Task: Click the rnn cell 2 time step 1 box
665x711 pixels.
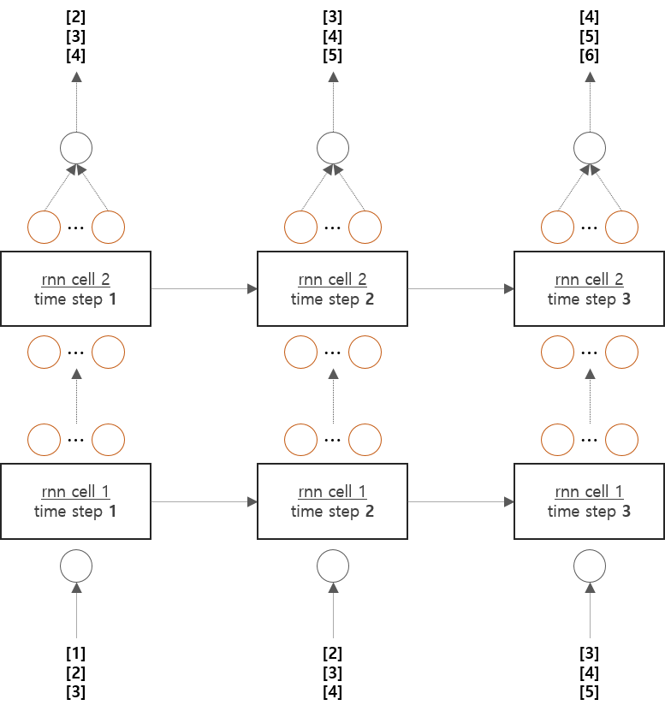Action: tap(75, 289)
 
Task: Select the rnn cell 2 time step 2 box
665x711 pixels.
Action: tap(332, 289)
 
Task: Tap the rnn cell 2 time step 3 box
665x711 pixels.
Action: tap(589, 289)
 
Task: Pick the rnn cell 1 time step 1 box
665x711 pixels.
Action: tap(75, 501)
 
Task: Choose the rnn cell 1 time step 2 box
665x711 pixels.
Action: tap(332, 501)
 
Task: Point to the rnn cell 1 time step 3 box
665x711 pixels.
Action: tap(589, 501)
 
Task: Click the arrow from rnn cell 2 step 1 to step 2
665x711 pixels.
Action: tap(204, 289)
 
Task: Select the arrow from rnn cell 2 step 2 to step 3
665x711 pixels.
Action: tap(460, 289)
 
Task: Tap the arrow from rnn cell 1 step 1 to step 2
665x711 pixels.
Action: tap(204, 501)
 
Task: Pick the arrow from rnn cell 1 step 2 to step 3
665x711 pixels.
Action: tap(460, 501)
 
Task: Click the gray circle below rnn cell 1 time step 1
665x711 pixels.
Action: tap(76, 565)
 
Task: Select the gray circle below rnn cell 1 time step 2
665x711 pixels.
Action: tap(333, 565)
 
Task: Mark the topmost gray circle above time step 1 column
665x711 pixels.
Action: tap(76, 148)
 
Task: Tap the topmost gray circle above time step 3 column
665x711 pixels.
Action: tap(590, 148)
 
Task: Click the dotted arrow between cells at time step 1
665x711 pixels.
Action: tap(77, 396)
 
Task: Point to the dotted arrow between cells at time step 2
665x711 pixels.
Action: tap(334, 396)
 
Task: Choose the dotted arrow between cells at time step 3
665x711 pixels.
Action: tap(591, 396)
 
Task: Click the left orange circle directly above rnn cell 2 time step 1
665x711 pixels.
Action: tap(45, 228)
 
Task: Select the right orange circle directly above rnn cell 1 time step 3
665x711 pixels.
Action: tap(622, 441)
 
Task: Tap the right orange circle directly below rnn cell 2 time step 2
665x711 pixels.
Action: tap(365, 351)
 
